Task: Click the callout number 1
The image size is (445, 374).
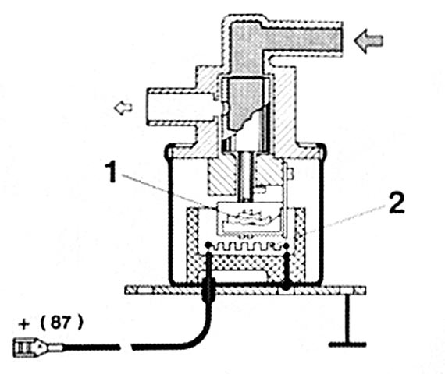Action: tap(111, 171)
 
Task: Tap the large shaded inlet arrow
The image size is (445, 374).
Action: tap(368, 41)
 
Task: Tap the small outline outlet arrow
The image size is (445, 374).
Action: tap(123, 108)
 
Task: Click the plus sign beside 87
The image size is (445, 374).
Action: tap(24, 324)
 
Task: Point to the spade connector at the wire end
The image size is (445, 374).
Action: tap(37, 347)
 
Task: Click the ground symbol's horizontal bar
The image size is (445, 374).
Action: tap(347, 345)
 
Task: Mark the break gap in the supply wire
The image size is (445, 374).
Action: tap(126, 347)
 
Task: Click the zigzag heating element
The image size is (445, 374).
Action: tap(247, 246)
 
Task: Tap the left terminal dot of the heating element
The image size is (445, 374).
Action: tap(208, 245)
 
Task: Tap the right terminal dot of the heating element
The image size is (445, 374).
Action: tap(285, 245)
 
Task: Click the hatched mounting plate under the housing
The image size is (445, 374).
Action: tap(245, 291)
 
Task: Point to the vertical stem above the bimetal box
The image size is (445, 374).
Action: tap(246, 177)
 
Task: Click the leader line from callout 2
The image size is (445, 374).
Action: tap(346, 219)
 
